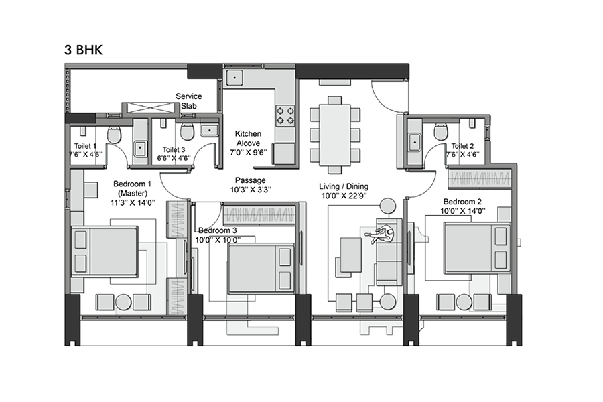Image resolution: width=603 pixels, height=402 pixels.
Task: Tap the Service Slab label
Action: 189,101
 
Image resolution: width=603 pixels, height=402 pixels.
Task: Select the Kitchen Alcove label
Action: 248,143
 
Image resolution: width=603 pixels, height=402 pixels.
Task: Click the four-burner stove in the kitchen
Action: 285,115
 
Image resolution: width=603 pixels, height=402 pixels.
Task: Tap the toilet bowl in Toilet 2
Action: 440,131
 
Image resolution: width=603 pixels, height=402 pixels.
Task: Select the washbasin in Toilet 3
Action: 208,131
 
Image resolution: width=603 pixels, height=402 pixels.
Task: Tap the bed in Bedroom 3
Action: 261,269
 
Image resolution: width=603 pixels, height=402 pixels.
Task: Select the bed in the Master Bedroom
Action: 105,251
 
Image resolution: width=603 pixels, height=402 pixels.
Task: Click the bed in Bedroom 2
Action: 476,247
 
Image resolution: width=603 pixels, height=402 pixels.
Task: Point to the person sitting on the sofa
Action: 382,234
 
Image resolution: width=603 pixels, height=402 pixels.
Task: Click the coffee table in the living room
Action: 350,254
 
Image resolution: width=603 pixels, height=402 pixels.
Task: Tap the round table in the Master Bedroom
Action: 123,301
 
